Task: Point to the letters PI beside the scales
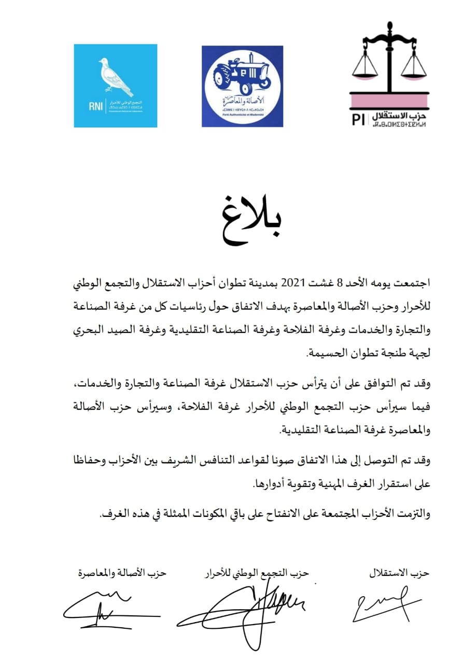(358, 119)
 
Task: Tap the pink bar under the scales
(389, 98)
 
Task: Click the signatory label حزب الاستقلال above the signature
(399, 573)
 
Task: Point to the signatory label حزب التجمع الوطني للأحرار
(256, 573)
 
